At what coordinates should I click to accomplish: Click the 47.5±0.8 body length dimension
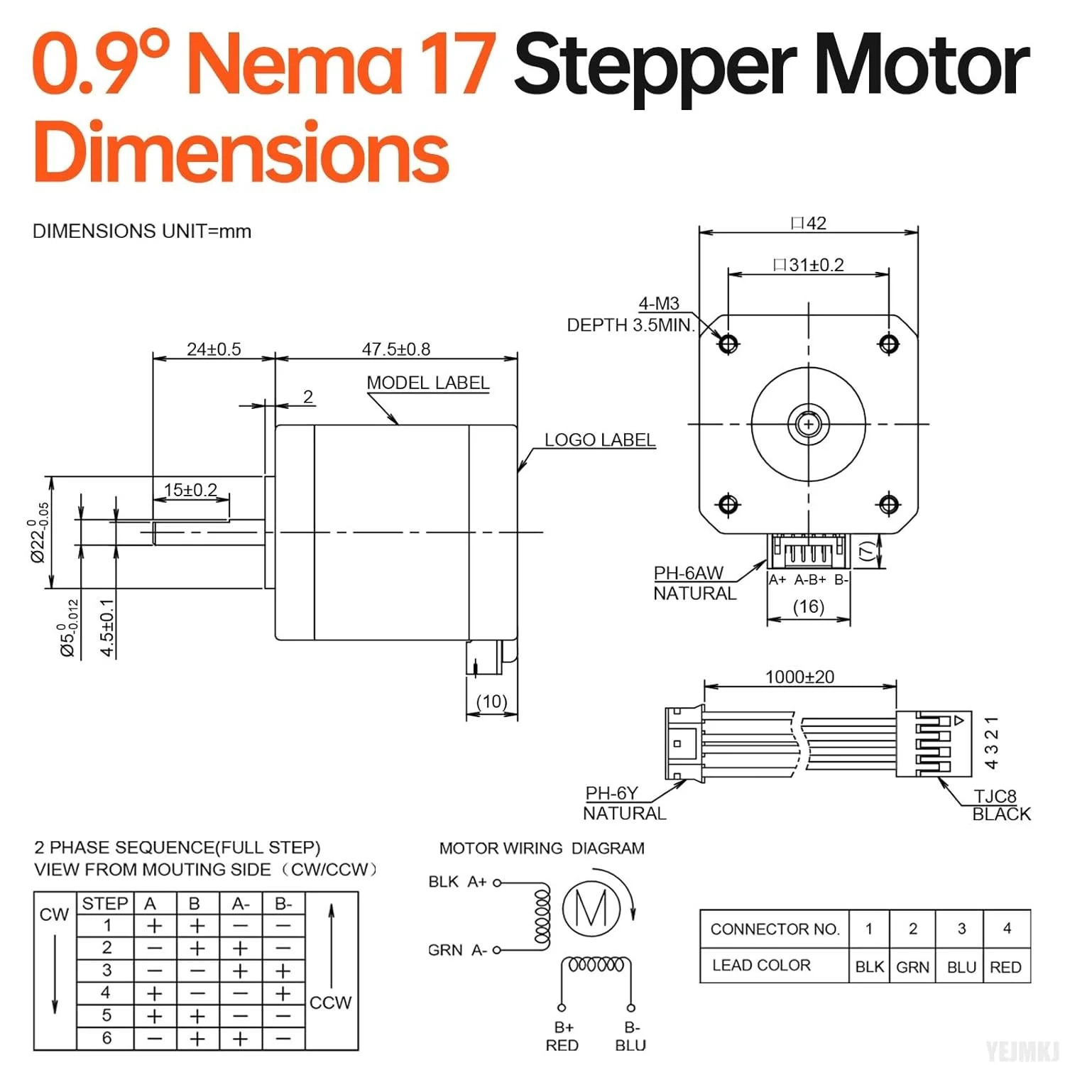[x=395, y=349]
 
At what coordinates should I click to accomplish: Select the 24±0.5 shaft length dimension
[x=214, y=349]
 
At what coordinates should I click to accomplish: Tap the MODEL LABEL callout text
[x=427, y=383]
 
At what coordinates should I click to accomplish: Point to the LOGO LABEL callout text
[x=599, y=440]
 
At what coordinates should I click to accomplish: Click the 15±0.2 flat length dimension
[x=190, y=490]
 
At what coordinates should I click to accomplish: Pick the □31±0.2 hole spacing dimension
[x=809, y=266]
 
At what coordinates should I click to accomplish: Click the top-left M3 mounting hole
[x=728, y=344]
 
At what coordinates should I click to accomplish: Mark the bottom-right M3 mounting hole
[x=889, y=504]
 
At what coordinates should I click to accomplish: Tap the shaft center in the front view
[x=808, y=425]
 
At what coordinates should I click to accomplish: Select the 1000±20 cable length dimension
[x=799, y=677]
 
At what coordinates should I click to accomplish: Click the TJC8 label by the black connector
[x=995, y=796]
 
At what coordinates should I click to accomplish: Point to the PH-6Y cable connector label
[x=611, y=793]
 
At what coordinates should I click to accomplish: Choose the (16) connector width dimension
[x=808, y=607]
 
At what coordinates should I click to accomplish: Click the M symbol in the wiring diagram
[x=591, y=908]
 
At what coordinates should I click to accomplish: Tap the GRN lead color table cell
[x=912, y=967]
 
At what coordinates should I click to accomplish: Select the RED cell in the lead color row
[x=1005, y=967]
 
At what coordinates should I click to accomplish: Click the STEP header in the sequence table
[x=105, y=904]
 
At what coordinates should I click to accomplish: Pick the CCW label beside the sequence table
[x=330, y=1003]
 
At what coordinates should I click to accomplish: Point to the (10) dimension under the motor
[x=491, y=701]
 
